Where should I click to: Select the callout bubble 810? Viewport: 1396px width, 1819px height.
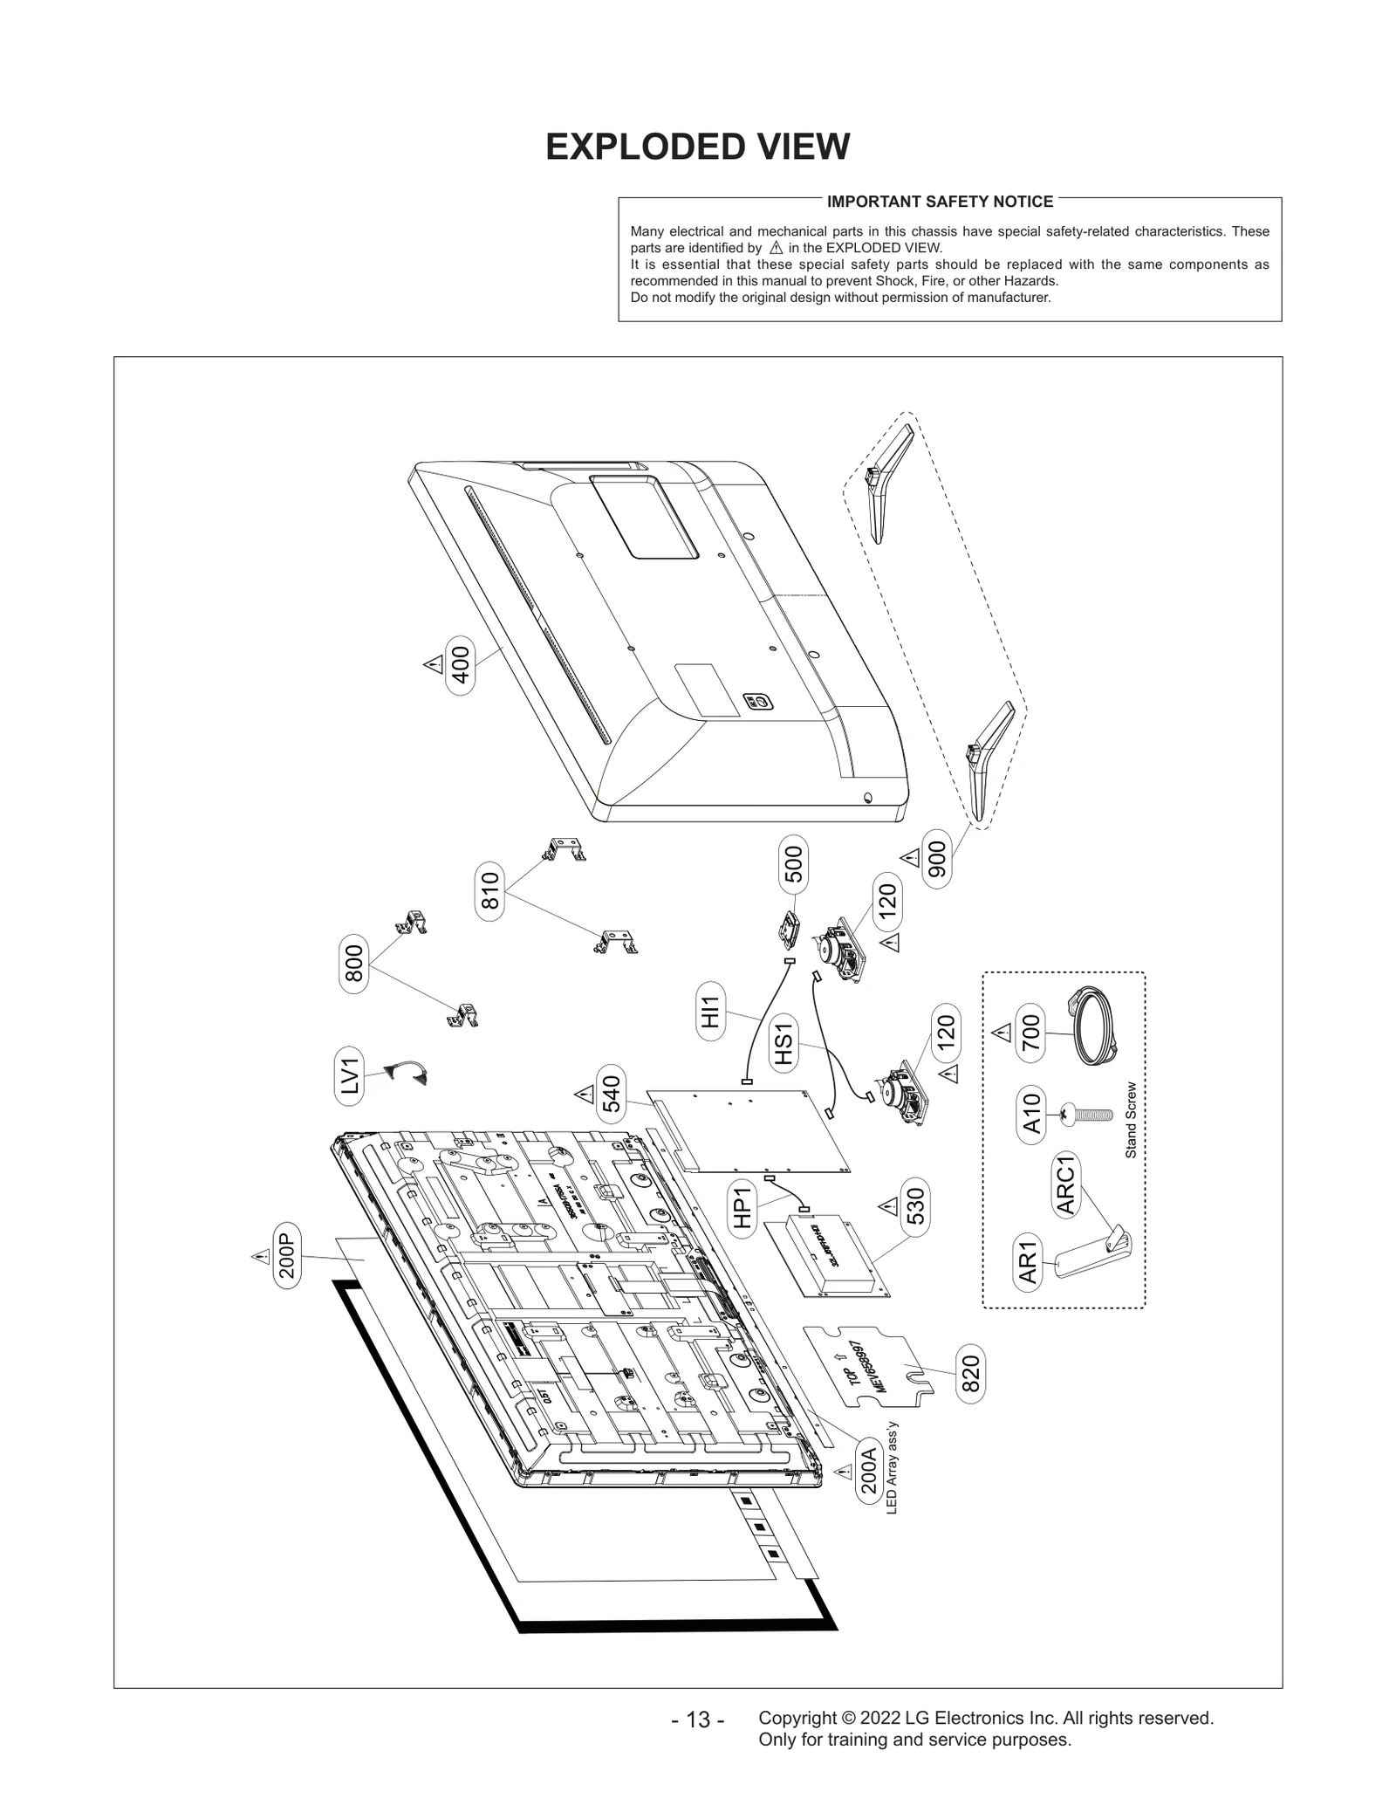coord(490,890)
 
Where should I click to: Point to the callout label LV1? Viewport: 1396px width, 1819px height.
coord(350,1075)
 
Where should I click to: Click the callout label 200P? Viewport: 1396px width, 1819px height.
coord(288,1256)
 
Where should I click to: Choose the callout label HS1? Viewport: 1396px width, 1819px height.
coord(784,1044)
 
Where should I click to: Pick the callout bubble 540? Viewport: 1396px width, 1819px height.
coord(611,1094)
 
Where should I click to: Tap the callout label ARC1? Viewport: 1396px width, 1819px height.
coord(1065,1184)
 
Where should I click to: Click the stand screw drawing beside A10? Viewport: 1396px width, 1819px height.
coord(1086,1114)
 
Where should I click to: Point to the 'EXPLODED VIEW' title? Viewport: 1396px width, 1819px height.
coord(697,147)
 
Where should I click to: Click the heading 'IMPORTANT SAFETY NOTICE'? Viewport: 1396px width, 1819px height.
coord(940,202)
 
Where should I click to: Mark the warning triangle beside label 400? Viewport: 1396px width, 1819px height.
coord(432,665)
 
